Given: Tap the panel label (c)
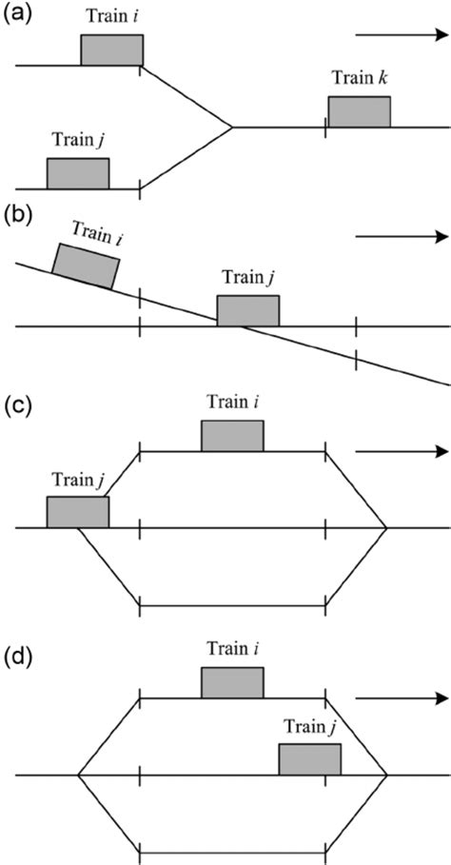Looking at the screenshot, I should [15, 406].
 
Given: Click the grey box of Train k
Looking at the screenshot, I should [359, 111].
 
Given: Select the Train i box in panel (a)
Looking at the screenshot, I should [111, 49].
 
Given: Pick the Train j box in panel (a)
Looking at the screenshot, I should [78, 173].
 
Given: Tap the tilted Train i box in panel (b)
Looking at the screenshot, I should [84, 265].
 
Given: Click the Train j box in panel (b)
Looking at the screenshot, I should [248, 311].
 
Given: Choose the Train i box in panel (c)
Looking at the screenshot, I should [232, 435].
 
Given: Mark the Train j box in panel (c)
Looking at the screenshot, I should [78, 511].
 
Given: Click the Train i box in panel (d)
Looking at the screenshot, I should [232, 682].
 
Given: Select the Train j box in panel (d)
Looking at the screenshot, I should [309, 759].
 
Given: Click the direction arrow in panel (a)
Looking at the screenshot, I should [400, 35].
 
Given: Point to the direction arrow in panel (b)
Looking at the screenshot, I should [400, 237].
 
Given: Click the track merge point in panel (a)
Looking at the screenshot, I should [233, 127].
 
